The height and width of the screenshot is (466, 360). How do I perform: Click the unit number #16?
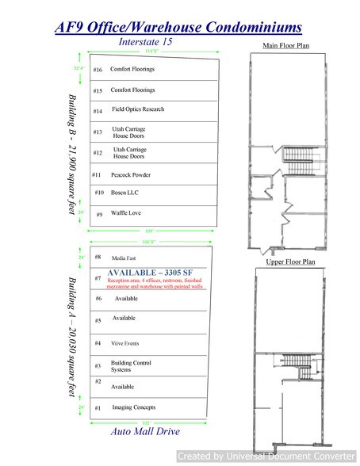[x=98, y=70]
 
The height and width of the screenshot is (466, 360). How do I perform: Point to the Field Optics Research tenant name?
[x=137, y=110]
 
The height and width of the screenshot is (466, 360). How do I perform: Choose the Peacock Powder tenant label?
[x=132, y=174]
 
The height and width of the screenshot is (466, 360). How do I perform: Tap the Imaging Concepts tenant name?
[x=134, y=407]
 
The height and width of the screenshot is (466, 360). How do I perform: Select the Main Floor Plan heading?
[x=286, y=46]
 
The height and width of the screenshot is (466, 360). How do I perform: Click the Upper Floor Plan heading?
[x=286, y=260]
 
